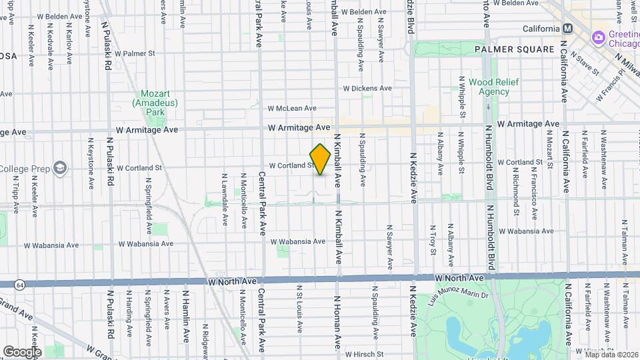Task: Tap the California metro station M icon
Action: [x=568, y=29]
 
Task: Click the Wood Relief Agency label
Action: [x=489, y=87]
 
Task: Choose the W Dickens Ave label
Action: [x=367, y=88]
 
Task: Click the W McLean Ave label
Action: [x=292, y=108]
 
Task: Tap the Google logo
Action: [x=22, y=351]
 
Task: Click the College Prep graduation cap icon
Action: [x=60, y=167]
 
